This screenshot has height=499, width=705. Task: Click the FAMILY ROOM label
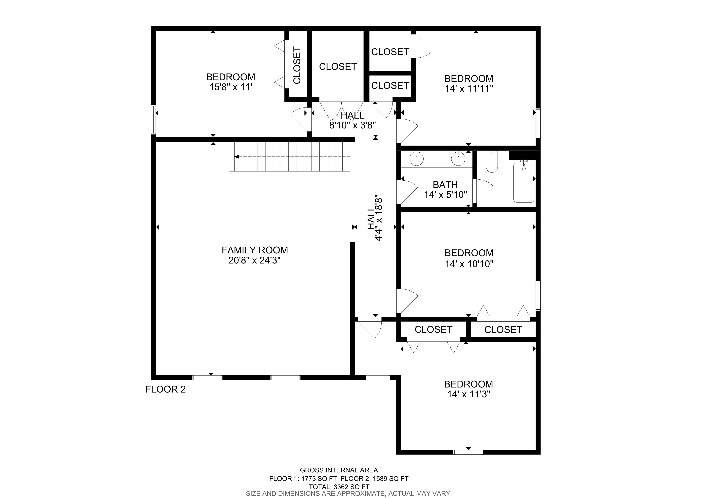[255, 250]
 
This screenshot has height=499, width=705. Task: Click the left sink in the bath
[416, 158]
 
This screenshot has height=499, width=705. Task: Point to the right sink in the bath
[458, 158]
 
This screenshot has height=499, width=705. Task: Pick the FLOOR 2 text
[166, 389]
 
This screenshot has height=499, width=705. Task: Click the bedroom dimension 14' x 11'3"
[469, 394]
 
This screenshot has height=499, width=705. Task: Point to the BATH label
[445, 185]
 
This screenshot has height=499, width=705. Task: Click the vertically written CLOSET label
[297, 65]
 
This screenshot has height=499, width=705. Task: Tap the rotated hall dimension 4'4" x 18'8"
[379, 219]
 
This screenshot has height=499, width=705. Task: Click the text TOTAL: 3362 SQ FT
[339, 487]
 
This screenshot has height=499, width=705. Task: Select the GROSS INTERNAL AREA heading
[339, 470]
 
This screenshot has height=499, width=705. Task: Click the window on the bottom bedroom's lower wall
[468, 452]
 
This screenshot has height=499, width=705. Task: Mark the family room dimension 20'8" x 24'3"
[255, 261]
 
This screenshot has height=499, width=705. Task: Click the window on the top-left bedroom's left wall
[153, 120]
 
